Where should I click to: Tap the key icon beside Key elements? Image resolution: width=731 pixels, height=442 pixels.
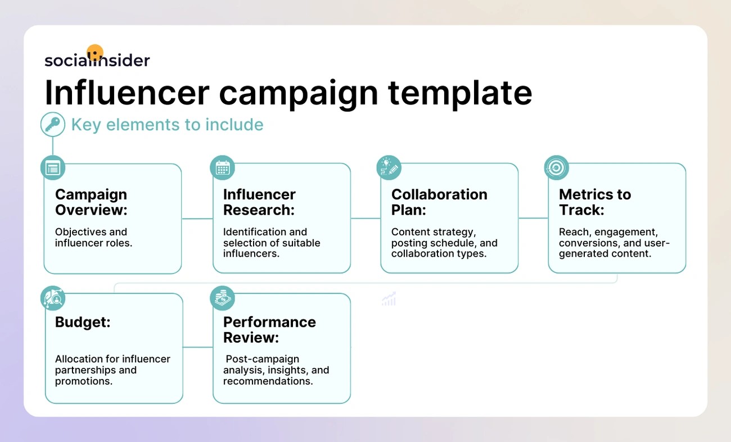pyautogui.click(x=53, y=124)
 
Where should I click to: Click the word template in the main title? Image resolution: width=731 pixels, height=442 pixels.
pyautogui.click(x=460, y=93)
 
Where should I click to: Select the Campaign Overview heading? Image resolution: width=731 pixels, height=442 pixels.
pyautogui.click(x=91, y=202)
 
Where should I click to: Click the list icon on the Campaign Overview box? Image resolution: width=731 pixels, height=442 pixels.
pyautogui.click(x=53, y=168)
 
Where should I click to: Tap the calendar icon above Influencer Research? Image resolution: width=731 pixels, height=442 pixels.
pyautogui.click(x=222, y=168)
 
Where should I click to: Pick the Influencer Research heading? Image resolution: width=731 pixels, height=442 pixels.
pyautogui.click(x=259, y=202)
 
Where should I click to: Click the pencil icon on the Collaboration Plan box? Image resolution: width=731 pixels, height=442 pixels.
pyautogui.click(x=389, y=168)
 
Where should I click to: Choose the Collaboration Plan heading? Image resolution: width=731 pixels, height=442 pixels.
pyautogui.click(x=439, y=202)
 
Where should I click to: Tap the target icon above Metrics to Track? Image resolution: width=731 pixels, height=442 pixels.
pyautogui.click(x=557, y=168)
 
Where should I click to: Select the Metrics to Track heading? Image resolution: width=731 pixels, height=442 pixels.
pyautogui.click(x=595, y=202)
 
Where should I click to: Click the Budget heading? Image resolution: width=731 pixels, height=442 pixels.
pyautogui.click(x=83, y=322)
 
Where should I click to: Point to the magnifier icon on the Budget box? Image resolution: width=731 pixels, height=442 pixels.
pyautogui.click(x=53, y=298)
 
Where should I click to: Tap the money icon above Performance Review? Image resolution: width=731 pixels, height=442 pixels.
pyautogui.click(x=222, y=298)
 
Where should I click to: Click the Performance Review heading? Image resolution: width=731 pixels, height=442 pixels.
pyautogui.click(x=269, y=330)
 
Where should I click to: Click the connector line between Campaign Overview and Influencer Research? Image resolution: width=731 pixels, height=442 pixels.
pyautogui.click(x=197, y=218)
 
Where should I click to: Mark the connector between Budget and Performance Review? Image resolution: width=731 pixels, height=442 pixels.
pyautogui.click(x=198, y=347)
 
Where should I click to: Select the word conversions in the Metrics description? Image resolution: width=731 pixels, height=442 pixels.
pyautogui.click(x=586, y=243)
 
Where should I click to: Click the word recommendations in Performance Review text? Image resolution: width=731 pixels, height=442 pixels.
pyautogui.click(x=268, y=381)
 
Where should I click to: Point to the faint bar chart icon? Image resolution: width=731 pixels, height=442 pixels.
pyautogui.click(x=389, y=299)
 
